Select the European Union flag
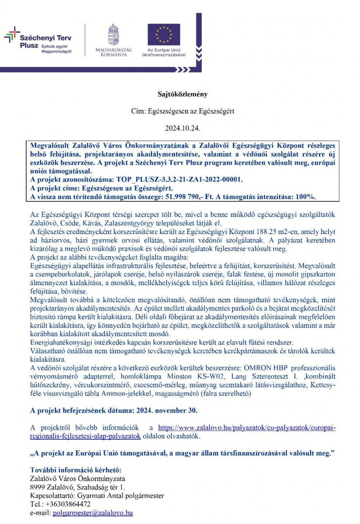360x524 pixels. pos(164,34)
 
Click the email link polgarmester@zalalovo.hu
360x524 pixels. pos(93,513)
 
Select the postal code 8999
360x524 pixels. pos(38,487)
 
